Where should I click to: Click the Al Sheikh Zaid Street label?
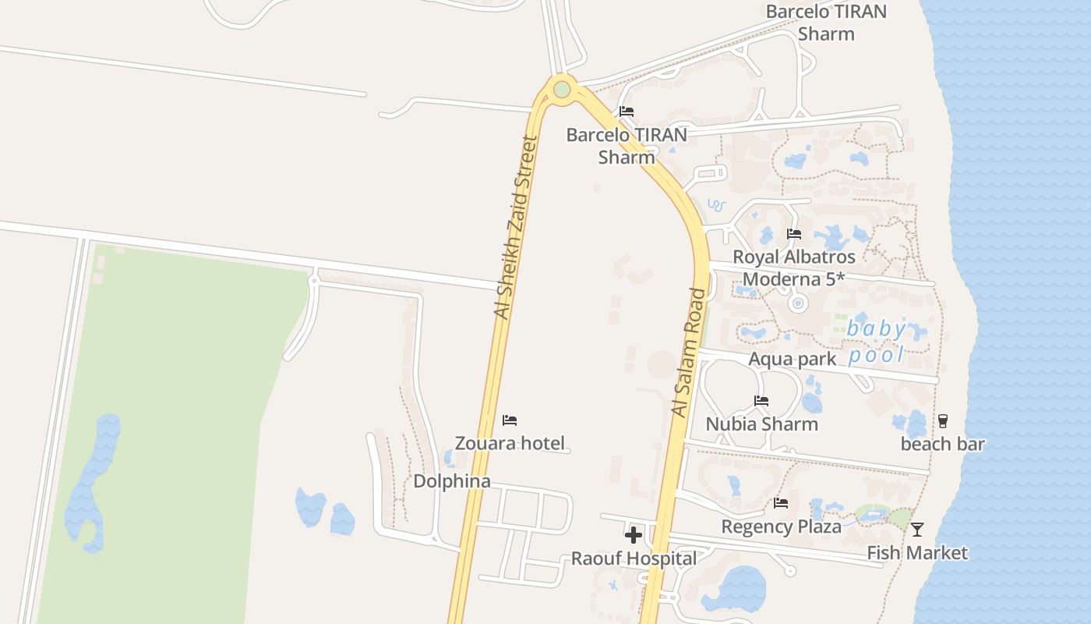coord(516,227)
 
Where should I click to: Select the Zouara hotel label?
coord(510,443)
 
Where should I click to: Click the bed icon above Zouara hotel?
coord(510,420)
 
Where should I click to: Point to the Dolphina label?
coord(452,480)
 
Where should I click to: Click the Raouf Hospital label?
coord(634,558)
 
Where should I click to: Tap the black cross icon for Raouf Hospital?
coord(634,535)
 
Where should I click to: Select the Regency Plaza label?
coord(782,526)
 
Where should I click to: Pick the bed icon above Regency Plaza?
coord(781,503)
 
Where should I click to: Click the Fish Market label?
coord(917,553)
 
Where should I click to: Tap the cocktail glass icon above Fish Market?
coord(917,530)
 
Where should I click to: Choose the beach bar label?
coord(943,444)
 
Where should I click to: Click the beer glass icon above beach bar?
coord(943,421)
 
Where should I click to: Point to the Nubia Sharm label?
coord(762,424)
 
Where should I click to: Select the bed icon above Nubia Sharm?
coord(761,401)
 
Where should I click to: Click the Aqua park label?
coord(792,359)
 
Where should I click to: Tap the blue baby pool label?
coord(877,342)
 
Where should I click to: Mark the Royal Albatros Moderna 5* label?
coord(794,268)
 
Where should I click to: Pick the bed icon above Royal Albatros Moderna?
coord(794,233)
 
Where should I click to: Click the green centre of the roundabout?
coord(562,90)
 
